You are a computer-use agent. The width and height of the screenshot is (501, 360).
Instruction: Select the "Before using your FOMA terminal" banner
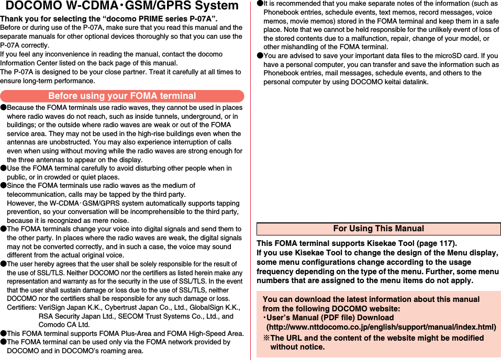tap(122, 96)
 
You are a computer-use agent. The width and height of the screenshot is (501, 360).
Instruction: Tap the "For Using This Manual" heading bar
tap(378, 229)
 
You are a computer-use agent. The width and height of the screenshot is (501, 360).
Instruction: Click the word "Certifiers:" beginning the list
tap(21, 308)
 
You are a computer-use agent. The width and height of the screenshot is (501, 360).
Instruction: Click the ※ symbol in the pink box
tap(266, 338)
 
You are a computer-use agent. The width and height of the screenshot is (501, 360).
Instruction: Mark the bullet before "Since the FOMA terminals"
tap(3, 186)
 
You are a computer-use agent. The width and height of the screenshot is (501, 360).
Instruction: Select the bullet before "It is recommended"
tap(260, 4)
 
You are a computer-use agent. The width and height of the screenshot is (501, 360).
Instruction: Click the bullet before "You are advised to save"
tap(260, 56)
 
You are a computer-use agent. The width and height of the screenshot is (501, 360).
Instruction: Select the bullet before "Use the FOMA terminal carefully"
tap(3, 168)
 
